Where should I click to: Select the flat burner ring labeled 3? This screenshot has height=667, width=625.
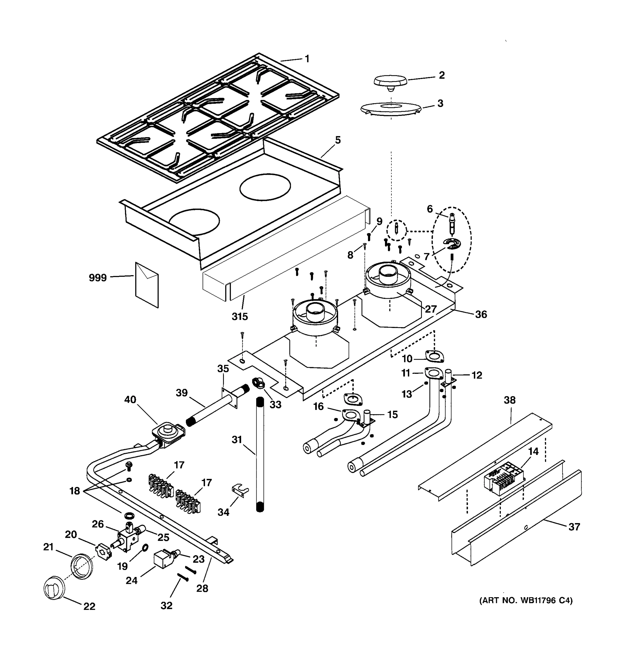coord(390,109)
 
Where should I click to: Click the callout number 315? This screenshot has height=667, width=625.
coord(240,316)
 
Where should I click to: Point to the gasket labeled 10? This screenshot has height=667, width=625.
coord(434,356)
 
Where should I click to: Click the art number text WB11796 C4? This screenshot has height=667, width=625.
coord(526,600)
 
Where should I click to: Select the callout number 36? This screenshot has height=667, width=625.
coord(481,314)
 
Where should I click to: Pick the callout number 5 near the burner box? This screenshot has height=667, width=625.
coord(338,140)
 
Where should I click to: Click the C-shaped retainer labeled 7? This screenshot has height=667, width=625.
coord(452,244)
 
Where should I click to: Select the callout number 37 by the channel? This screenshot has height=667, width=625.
coord(574,527)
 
